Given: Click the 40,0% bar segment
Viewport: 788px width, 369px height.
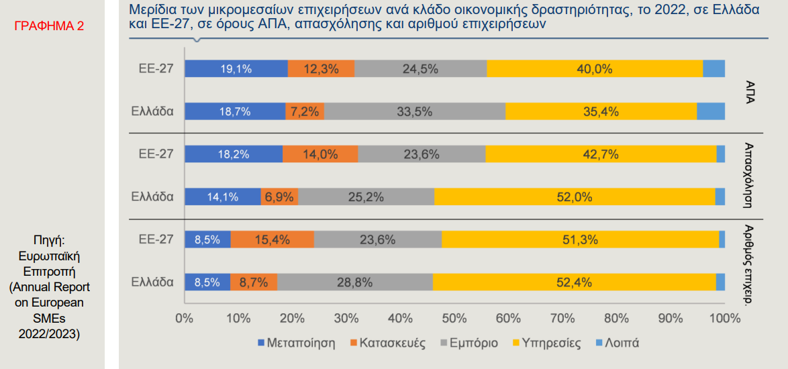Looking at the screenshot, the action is [595, 68].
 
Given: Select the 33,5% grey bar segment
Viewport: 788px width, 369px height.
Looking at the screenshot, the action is [415, 111].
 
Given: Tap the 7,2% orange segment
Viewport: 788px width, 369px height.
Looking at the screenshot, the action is [305, 111].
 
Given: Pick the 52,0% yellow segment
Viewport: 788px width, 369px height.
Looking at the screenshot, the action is [575, 197].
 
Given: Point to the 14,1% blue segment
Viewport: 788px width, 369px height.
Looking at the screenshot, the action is [223, 197].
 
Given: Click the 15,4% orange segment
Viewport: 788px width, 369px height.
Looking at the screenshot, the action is [273, 240].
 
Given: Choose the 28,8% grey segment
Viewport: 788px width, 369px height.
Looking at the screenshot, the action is [355, 282].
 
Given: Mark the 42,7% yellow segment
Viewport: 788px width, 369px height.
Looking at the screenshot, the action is [601, 154].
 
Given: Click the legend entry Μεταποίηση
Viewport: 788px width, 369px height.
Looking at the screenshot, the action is [296, 344].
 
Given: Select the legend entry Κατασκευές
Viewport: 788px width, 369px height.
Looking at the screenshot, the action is [388, 344].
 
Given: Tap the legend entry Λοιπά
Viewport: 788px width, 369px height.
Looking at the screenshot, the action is [617, 344].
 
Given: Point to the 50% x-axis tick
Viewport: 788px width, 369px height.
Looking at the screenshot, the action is [455, 318].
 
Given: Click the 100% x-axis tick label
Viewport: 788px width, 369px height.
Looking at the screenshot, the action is [724, 318].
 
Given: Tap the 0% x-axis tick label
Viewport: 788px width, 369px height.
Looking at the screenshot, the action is [185, 318].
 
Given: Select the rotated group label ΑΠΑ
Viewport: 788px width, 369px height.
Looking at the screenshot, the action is [751, 91].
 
